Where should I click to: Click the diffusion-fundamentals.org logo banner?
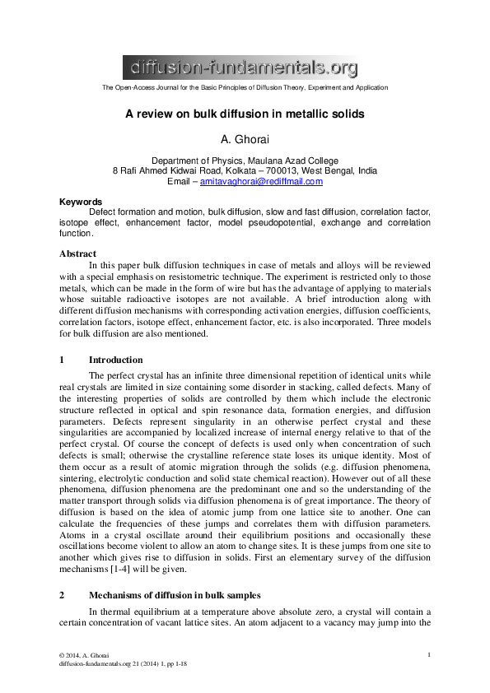coord(241,66)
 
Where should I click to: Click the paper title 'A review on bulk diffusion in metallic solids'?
coord(245,114)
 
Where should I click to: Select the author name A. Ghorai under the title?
coord(245,140)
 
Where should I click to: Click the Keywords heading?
coord(81,202)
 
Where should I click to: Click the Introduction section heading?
coord(115,360)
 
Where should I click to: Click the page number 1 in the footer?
coord(430,654)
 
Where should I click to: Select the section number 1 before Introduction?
coord(62,360)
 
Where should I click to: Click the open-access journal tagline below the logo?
coord(245,87)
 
